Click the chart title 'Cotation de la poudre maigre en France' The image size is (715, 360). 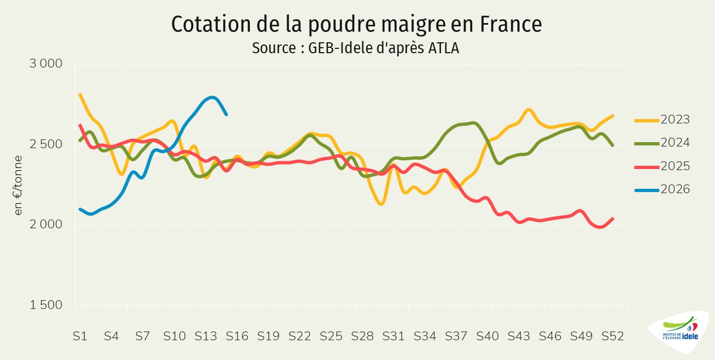point(357,25)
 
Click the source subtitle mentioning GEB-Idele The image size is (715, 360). point(355,48)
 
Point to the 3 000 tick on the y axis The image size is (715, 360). point(45,64)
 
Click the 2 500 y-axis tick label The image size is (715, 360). point(45,144)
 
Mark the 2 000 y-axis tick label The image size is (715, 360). point(45,225)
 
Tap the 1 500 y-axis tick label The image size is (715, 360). point(45,306)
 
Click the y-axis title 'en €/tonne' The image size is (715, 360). point(19,185)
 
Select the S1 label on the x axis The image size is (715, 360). point(80,336)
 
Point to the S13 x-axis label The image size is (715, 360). point(205,336)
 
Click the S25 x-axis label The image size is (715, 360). point(331,336)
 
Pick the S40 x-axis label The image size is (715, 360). point(488,336)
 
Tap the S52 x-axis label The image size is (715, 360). point(613,336)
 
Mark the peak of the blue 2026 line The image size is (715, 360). point(213,98)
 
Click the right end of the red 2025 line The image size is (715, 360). point(613,218)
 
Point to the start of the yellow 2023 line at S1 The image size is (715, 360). point(80,94)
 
